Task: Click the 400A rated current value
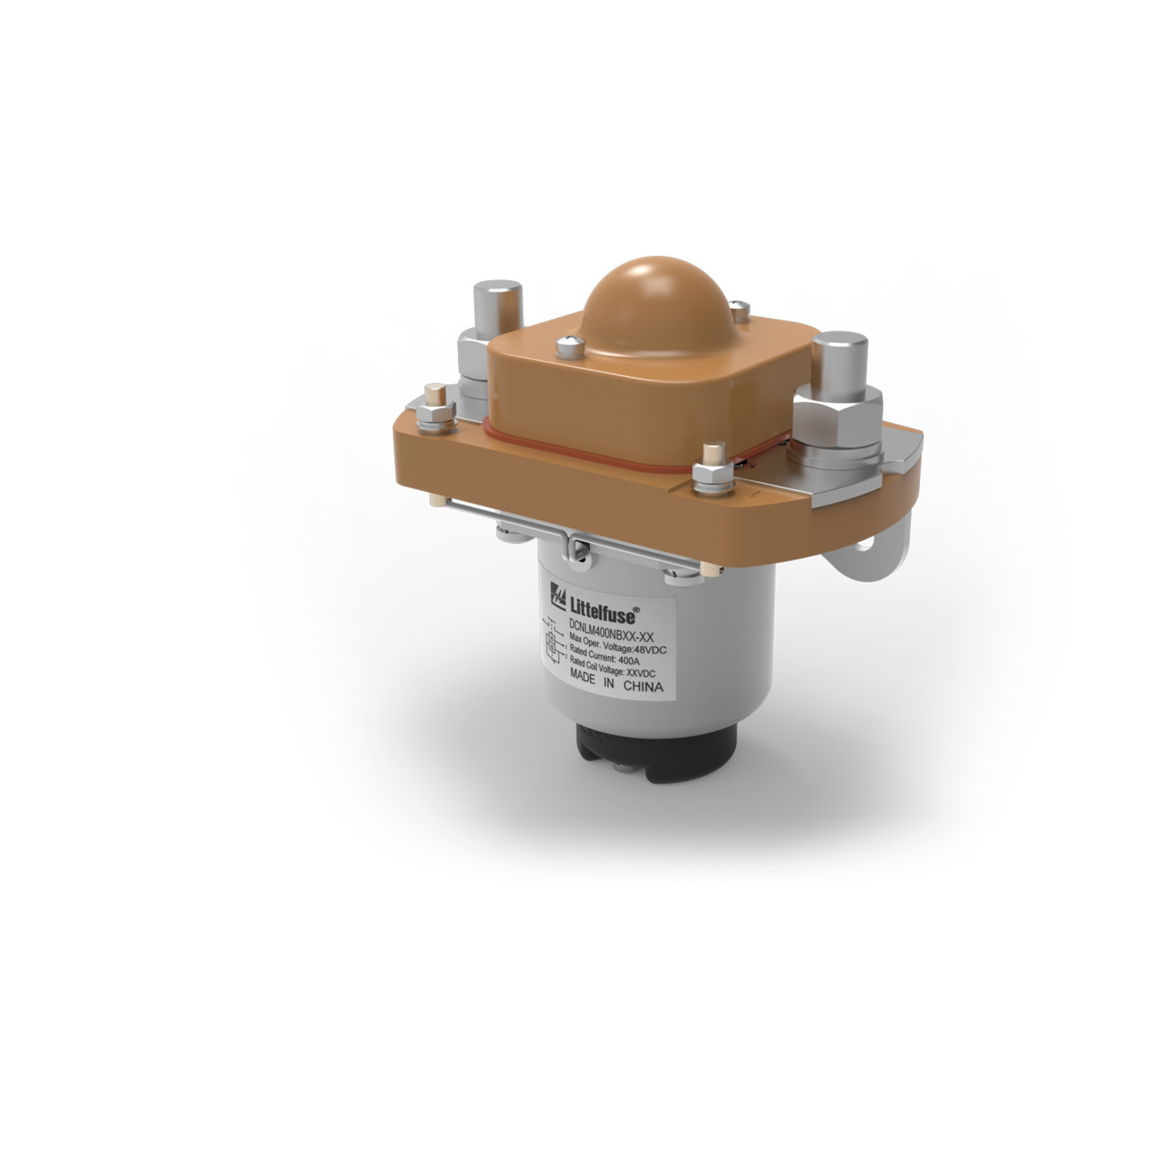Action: click(x=636, y=662)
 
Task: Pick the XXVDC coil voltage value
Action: click(x=645, y=675)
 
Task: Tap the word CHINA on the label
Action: click(x=641, y=689)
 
